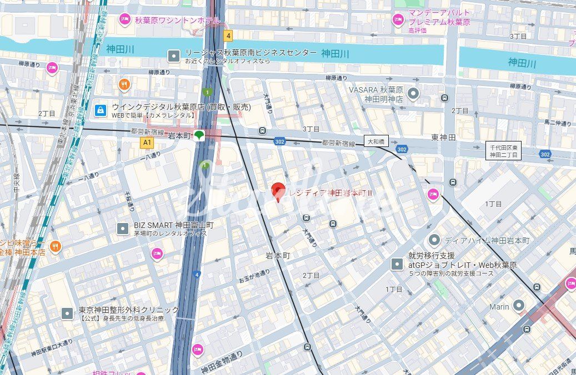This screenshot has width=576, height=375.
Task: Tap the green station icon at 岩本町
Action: click(199, 135)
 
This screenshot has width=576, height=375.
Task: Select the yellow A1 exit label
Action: click(147, 143)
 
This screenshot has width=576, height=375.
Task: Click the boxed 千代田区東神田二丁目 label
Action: click(503, 151)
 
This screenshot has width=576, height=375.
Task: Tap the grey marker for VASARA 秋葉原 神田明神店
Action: click(413, 94)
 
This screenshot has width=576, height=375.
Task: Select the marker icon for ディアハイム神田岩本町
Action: click(434, 241)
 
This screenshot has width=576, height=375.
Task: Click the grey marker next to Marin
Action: click(519, 306)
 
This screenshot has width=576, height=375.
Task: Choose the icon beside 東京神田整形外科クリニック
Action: click(67, 313)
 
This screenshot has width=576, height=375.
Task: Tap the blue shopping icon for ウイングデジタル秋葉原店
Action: click(100, 110)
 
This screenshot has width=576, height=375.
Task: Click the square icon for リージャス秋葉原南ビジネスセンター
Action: click(174, 55)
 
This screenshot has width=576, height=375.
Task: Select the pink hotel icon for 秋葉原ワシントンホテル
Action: click(125, 21)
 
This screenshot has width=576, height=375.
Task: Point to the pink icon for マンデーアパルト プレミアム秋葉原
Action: click(398, 20)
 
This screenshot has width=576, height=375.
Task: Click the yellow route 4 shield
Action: click(228, 36)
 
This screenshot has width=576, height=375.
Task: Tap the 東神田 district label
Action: click(443, 137)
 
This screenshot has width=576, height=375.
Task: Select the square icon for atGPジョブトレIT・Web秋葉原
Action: click(397, 264)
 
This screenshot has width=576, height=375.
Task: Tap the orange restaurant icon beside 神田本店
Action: click(55, 246)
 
